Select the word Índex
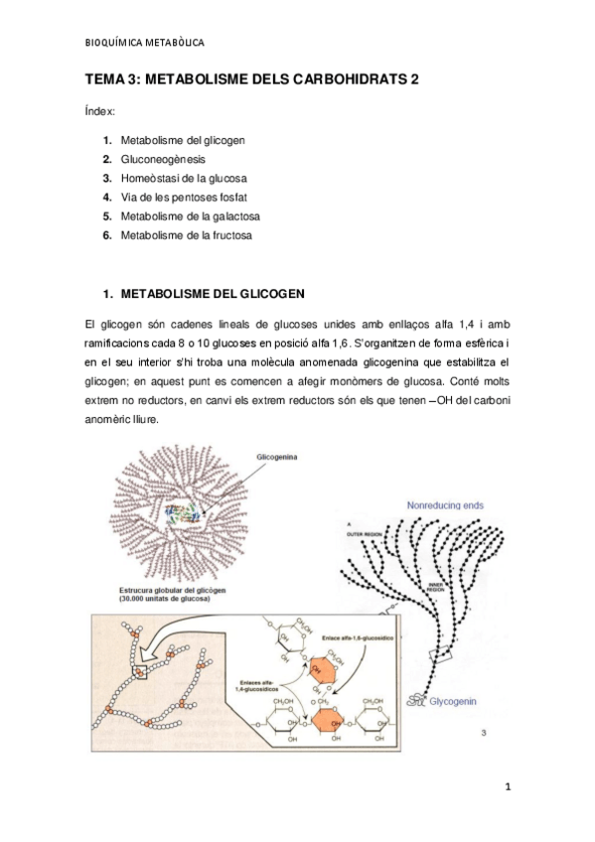pyautogui.click(x=100, y=113)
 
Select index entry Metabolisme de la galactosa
pyautogui.click(x=190, y=215)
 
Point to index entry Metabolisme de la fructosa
pyautogui.click(x=186, y=235)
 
